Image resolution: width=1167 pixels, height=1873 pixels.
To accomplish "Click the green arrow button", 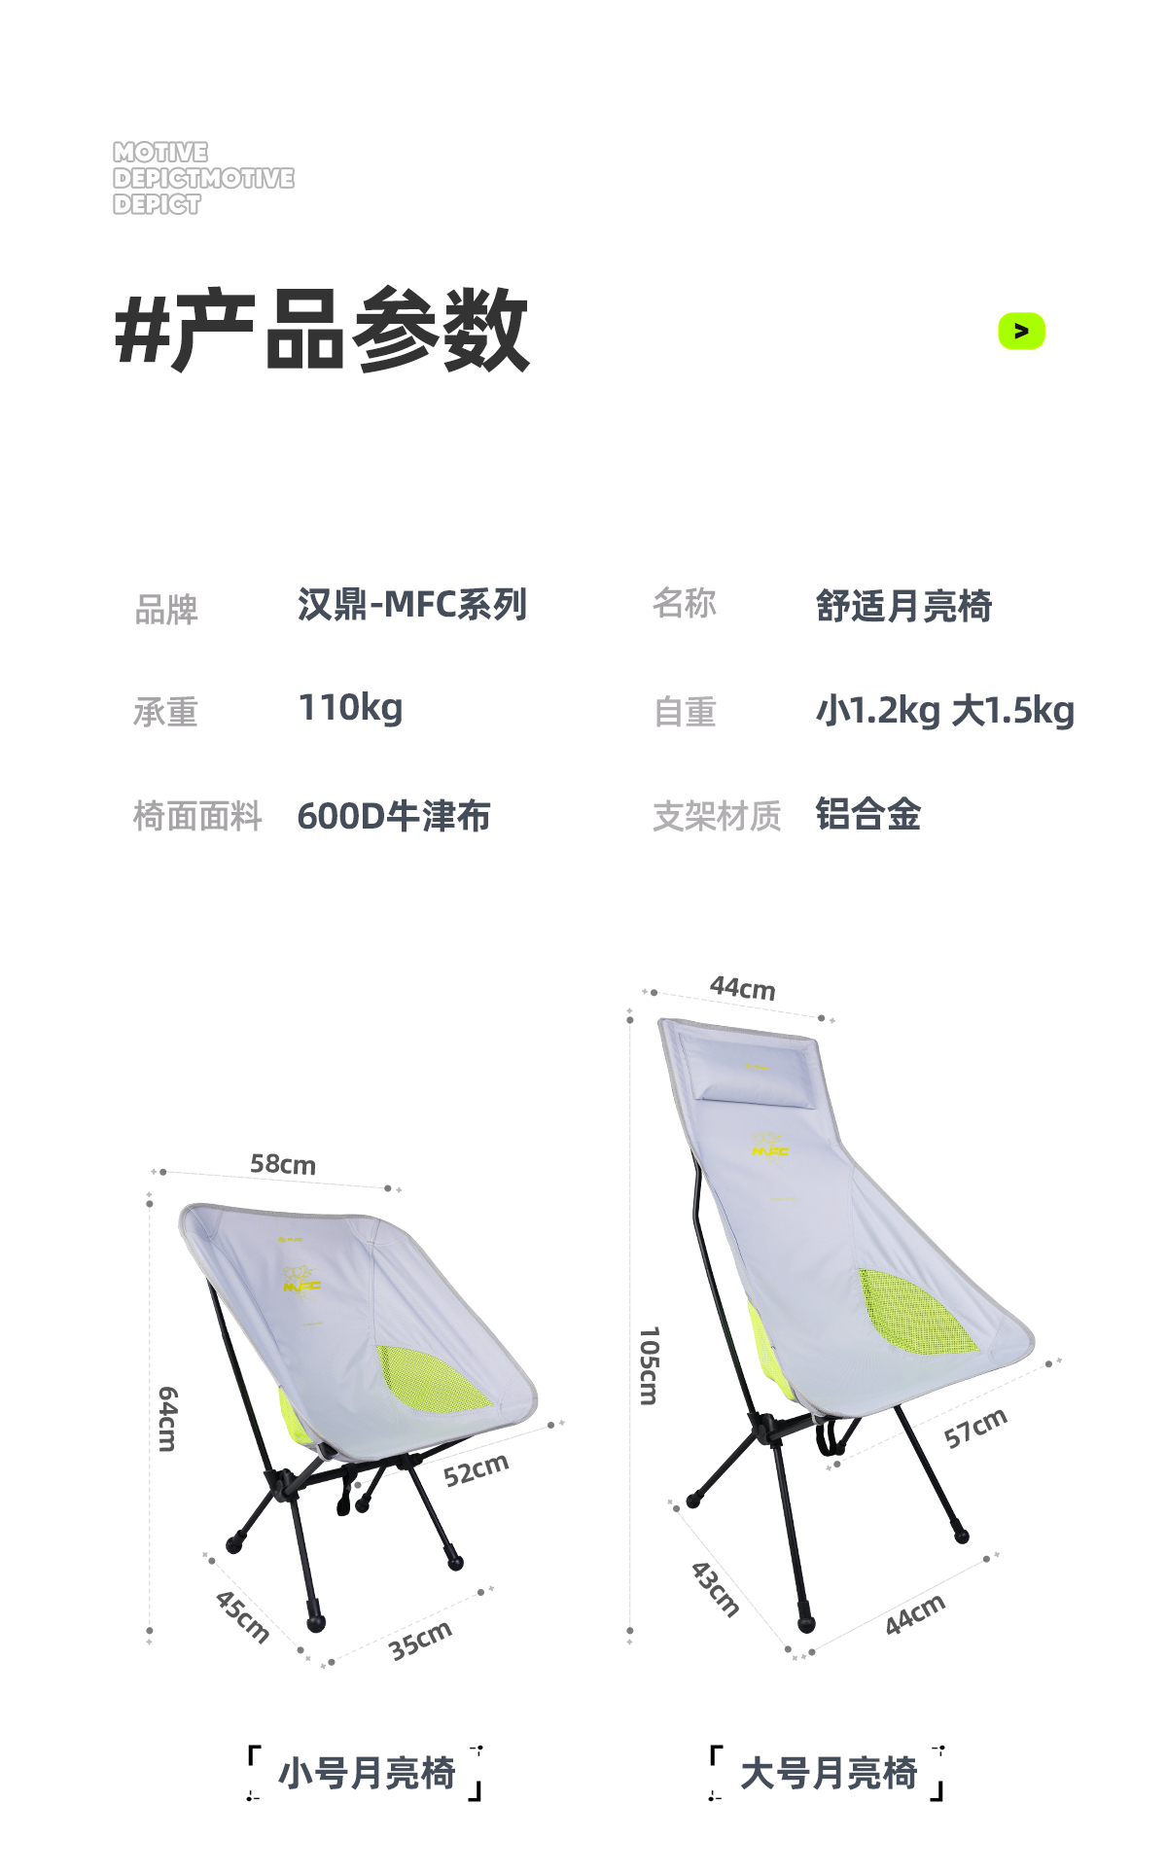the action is coord(1021,332).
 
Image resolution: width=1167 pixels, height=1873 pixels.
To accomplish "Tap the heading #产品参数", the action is coord(322,331).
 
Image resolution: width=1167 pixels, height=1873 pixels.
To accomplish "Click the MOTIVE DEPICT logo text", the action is coord(202,178).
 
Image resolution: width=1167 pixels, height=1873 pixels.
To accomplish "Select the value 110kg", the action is coord(350,708).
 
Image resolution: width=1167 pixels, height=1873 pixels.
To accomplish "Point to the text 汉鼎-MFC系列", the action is coord(412,605).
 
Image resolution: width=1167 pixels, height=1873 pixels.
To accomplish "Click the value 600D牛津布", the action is coord(394,816).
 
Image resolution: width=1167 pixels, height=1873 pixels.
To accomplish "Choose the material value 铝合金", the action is coord(868,815).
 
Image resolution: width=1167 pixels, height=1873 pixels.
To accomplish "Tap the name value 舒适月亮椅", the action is coord(903,606).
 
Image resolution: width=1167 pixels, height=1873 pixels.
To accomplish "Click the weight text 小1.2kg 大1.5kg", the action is coord(945,711).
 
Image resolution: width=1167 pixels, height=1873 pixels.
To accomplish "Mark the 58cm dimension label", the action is coord(283,1164).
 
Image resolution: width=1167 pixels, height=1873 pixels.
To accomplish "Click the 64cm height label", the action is coord(167,1419).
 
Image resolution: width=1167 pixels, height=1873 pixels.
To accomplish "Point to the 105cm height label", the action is coord(649,1365).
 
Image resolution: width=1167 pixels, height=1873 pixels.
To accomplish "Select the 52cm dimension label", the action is coord(476,1469).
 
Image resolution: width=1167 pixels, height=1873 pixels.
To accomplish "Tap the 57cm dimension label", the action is coord(975,1427).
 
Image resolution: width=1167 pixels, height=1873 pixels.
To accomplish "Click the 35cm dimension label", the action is coord(420,1641).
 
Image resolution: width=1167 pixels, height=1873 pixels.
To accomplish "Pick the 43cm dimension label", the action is coord(715,1589).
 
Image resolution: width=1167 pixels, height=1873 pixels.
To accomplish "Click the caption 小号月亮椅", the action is coord(367,1773).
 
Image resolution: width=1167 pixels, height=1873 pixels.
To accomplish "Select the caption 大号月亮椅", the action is coord(829,1773).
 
